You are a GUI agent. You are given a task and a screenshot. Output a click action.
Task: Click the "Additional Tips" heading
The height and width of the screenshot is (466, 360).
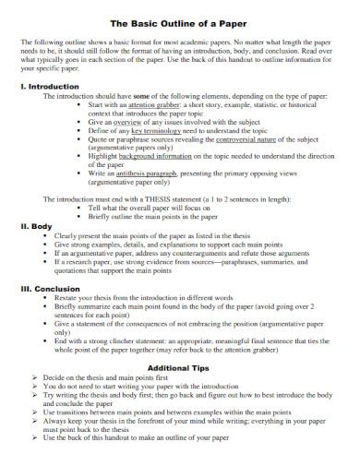179,392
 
